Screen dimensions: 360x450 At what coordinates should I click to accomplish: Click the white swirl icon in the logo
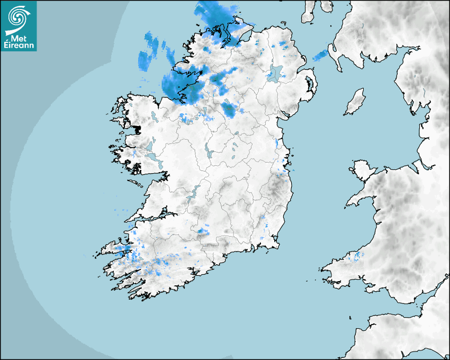[19, 16]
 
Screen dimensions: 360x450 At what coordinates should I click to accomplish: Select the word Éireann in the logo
[19, 46]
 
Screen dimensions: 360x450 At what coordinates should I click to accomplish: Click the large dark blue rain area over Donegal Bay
[177, 85]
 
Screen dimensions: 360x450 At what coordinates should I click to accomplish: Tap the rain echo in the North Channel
[320, 55]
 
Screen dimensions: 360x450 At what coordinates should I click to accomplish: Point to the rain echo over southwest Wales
[358, 257]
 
